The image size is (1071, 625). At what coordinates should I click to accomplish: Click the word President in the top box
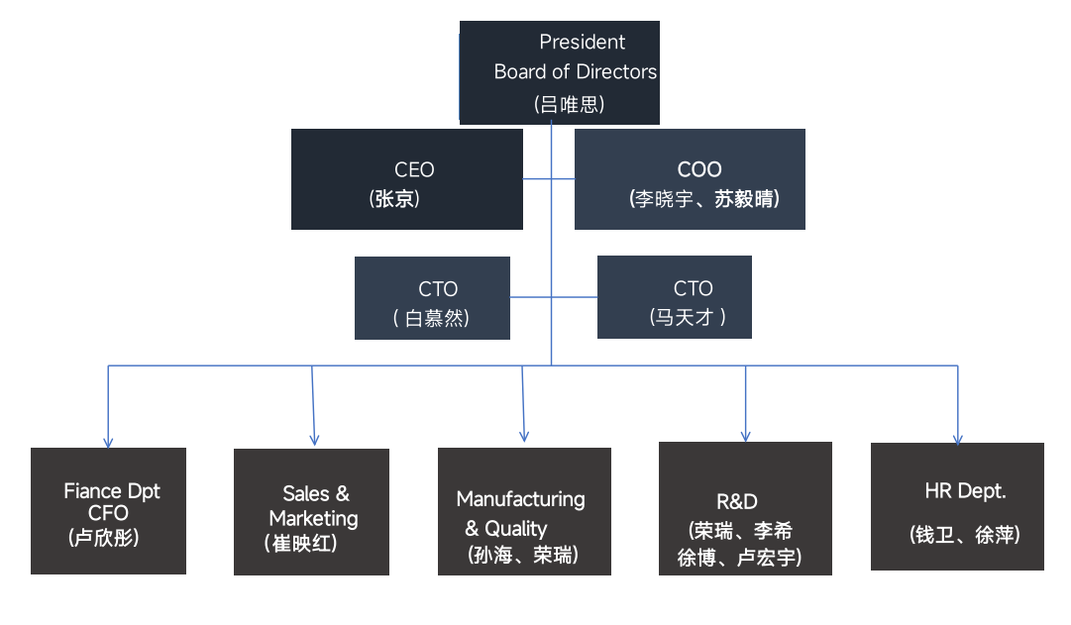pos(582,42)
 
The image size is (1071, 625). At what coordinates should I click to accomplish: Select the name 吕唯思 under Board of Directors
pos(569,103)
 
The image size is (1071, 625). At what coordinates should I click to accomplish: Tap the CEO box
pos(407,179)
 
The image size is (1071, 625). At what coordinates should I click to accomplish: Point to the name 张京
pos(395,198)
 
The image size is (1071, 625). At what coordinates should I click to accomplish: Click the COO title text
pos(699,169)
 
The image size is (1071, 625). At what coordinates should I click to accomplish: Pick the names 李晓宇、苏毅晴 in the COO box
pos(704,198)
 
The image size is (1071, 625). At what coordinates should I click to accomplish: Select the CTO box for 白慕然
pos(433,297)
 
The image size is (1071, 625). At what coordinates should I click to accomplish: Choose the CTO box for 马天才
pos(674,296)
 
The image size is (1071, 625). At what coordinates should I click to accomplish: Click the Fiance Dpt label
pos(112,491)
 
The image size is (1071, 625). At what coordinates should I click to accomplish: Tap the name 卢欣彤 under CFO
pos(103,538)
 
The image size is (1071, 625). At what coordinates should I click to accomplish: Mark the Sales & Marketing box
pos(311,512)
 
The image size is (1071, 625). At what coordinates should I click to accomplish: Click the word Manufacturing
pos(520,498)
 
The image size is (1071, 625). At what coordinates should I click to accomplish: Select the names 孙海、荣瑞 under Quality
pos(522,555)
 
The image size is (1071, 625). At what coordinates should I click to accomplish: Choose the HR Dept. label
pos(964,491)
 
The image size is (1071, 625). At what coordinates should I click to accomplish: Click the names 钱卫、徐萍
pos(964,535)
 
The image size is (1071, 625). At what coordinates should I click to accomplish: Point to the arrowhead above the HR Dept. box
pos(958,439)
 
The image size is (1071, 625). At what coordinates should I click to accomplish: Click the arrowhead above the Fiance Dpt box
pos(108,443)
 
